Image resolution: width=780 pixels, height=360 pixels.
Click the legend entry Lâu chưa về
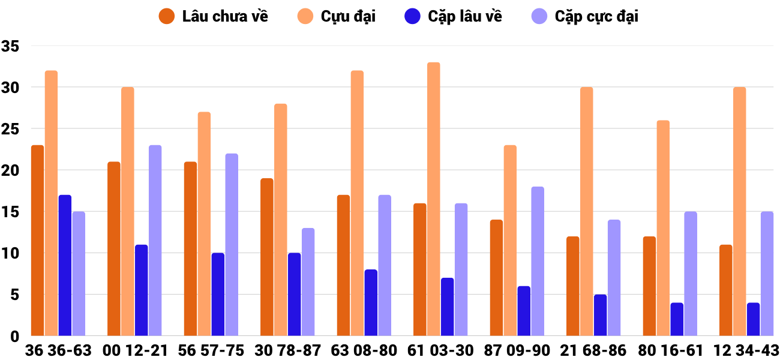pos(214,17)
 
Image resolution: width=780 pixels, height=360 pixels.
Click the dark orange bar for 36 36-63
pos(37,240)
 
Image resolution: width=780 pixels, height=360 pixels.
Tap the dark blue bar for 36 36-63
pos(65,265)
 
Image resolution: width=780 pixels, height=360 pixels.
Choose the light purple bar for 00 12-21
pos(155,240)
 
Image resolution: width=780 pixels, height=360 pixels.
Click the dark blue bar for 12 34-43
pos(753,319)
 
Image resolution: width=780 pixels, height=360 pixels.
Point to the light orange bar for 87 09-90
pos(510,240)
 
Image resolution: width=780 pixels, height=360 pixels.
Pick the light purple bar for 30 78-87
pos(308,282)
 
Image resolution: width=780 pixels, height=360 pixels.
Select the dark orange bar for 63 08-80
pos(343,265)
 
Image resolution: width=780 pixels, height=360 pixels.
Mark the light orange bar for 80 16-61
pos(663,228)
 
